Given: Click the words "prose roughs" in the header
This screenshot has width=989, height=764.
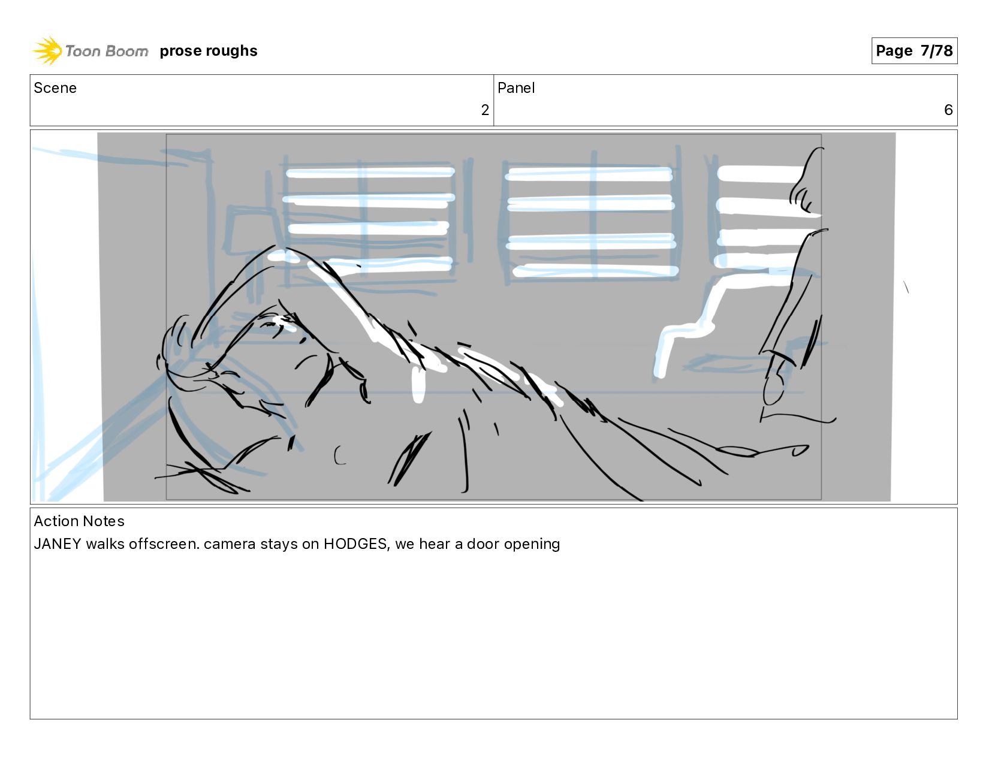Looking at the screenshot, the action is coord(209,50).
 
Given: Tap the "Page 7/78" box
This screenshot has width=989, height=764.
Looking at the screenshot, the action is coord(914,50).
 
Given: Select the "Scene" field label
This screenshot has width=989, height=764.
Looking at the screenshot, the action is coord(55,88).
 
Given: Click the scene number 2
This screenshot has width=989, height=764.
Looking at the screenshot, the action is coord(485,110).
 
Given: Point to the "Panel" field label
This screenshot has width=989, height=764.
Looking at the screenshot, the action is coord(515,88).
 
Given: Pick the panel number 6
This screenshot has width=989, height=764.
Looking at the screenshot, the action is coord(948,110).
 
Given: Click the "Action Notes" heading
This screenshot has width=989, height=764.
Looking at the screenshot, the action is coord(79,521).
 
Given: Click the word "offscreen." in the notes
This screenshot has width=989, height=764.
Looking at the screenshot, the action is coord(164,543).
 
